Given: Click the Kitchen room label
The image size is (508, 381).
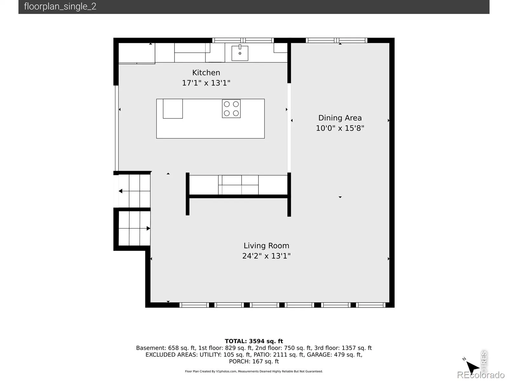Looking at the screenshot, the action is [206, 73].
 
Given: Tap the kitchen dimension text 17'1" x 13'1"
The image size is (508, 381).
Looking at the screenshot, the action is [206, 83].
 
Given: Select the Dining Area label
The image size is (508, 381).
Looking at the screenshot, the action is [340, 118].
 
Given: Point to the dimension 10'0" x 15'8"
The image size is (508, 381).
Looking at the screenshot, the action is [340, 128].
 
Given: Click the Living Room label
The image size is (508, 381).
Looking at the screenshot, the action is [266, 245].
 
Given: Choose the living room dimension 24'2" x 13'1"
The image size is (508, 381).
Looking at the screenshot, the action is [266, 256].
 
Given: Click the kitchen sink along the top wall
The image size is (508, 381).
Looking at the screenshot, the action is [240, 53].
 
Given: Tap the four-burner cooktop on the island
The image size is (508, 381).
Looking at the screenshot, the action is [231, 109].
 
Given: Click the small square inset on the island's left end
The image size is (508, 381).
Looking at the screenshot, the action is [173, 109].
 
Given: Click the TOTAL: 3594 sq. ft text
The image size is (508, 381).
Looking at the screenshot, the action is [254, 341].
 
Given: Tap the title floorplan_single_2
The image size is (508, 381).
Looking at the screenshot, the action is [60, 6].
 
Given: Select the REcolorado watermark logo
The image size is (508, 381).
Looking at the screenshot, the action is [481, 375].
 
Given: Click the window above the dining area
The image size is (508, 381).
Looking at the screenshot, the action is [337, 40].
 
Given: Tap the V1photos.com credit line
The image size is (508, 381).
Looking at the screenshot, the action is [254, 371].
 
